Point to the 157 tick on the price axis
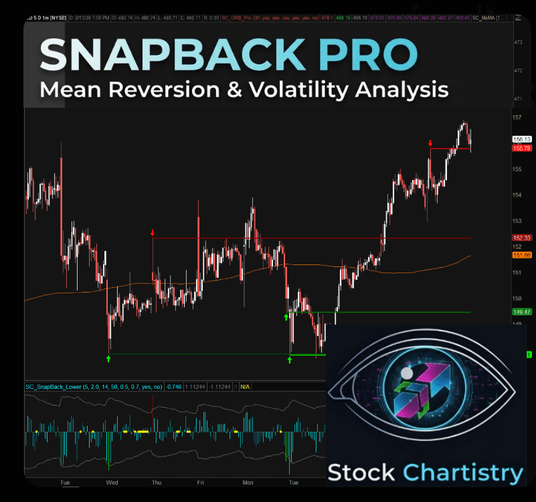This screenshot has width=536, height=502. [517, 118]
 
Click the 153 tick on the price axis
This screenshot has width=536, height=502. [517, 221]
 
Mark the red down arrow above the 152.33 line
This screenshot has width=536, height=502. [153, 233]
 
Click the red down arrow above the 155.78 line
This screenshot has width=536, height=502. [430, 143]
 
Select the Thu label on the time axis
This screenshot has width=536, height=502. [157, 482]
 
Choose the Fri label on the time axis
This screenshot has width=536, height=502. [201, 482]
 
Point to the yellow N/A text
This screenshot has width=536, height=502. [245, 387]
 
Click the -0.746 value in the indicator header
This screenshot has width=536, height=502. [174, 387]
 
